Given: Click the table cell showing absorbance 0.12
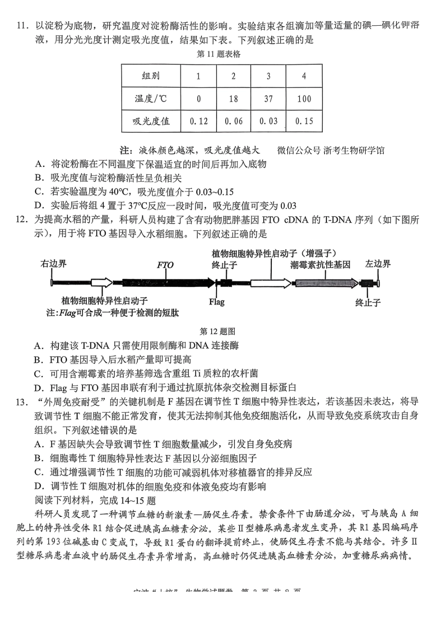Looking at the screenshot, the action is (x=198, y=121).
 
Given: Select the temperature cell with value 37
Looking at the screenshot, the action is (x=268, y=99).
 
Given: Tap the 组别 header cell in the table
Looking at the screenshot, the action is (x=151, y=76).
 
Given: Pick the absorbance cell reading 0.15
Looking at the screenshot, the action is (x=304, y=121).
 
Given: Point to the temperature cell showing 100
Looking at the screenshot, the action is (x=304, y=99).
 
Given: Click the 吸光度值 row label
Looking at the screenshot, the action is (x=151, y=121).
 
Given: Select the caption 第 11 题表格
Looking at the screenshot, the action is (x=218, y=54).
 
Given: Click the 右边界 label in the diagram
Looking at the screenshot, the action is (x=54, y=264).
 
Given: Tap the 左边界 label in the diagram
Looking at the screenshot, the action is (x=378, y=264).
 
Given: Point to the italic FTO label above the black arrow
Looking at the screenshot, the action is (x=165, y=265).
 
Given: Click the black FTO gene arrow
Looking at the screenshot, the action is (x=165, y=283).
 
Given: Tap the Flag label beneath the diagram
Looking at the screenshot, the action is (x=217, y=302).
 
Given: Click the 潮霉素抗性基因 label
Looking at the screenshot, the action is (x=320, y=265).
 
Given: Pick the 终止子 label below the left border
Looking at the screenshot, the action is (x=368, y=303).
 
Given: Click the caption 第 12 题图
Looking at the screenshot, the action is (x=218, y=331).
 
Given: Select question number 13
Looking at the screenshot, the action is (x=22, y=402).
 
